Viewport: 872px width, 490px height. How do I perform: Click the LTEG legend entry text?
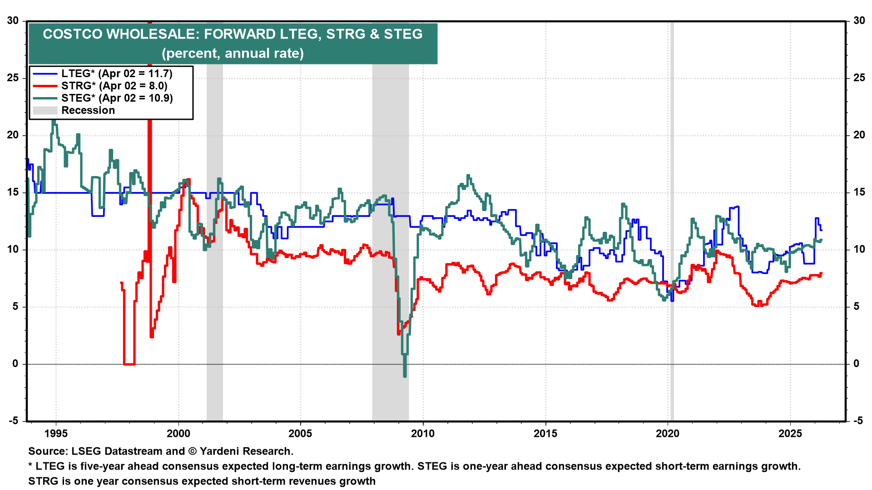[117, 73]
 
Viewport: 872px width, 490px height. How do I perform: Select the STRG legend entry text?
[114, 86]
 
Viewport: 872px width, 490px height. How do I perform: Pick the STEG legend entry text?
[117, 98]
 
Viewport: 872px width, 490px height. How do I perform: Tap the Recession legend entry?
[88, 110]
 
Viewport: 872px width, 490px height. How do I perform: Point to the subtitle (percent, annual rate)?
[233, 53]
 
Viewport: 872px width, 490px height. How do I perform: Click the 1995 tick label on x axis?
[56, 434]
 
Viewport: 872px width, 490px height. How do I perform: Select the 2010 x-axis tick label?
[423, 434]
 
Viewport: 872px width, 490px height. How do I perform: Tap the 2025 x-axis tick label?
[790, 434]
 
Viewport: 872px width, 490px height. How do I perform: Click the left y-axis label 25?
[13, 78]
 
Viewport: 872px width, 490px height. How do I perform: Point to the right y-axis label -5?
[858, 421]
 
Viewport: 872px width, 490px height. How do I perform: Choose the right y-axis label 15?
[859, 192]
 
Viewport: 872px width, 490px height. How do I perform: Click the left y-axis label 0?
[15, 364]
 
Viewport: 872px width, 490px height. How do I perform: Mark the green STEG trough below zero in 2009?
[405, 375]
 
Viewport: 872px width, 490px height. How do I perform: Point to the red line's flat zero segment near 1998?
[129, 364]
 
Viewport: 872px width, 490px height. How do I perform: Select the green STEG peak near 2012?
[468, 176]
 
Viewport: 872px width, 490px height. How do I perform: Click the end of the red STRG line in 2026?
[821, 274]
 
